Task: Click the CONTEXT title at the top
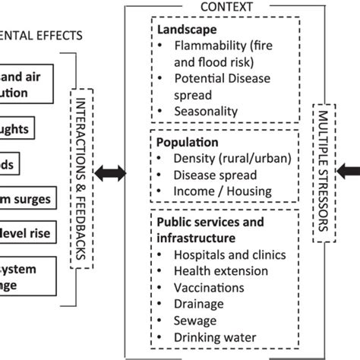pyautogui.click(x=226, y=7)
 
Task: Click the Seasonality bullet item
pyautogui.click(x=204, y=111)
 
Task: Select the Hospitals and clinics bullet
pyautogui.click(x=222, y=254)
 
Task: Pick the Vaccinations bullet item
pyautogui.click(x=208, y=288)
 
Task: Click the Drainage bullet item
pyautogui.click(x=200, y=305)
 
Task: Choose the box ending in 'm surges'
pyautogui.click(x=24, y=200)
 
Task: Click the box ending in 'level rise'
pyautogui.click(x=24, y=233)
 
